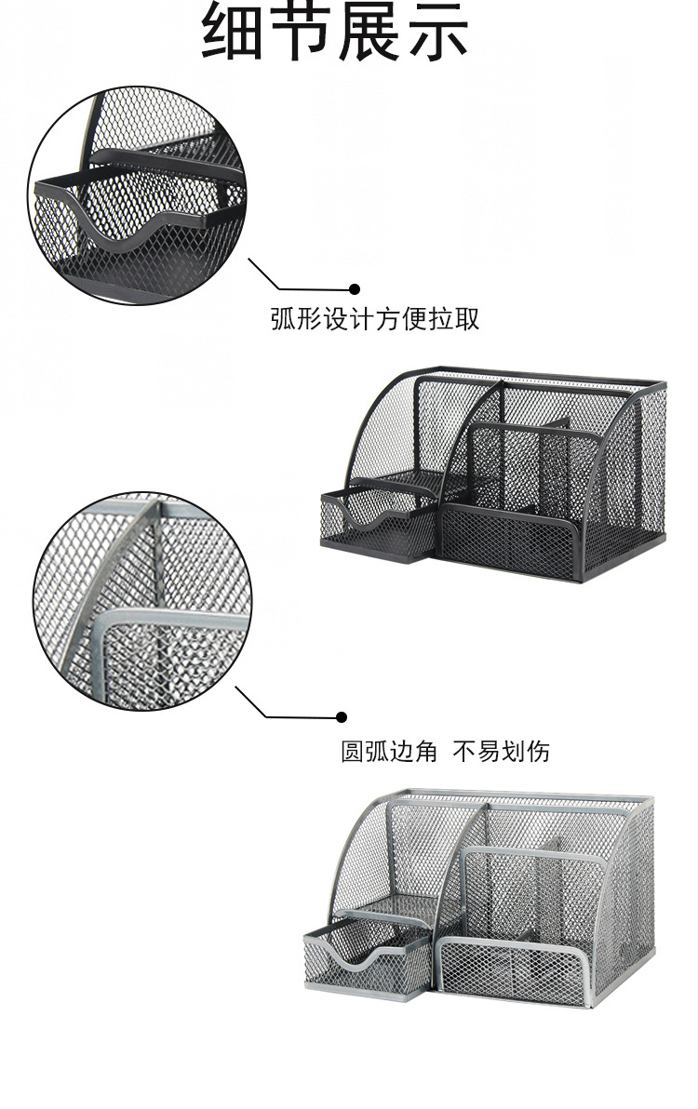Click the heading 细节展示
pyautogui.click(x=335, y=32)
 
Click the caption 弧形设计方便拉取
pyautogui.click(x=375, y=319)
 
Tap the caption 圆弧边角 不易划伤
pyautogui.click(x=445, y=750)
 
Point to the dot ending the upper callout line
pyautogui.click(x=354, y=289)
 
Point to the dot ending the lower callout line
pyautogui.click(x=342, y=717)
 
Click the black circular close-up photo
pyautogui.click(x=137, y=195)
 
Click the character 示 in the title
pyautogui.click(x=436, y=32)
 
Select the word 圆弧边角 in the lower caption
pyautogui.click(x=389, y=750)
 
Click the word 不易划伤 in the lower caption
pyautogui.click(x=502, y=750)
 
